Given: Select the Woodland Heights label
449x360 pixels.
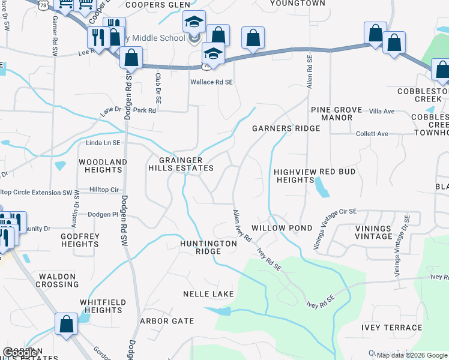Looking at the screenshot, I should coord(103,166).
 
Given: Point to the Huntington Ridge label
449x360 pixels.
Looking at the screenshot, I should coord(209,247).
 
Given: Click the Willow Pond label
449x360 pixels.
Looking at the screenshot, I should coord(282,228).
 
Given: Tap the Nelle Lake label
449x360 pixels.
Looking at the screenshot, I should coord(209,294).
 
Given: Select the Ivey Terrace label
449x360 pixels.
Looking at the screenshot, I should coord(392,327).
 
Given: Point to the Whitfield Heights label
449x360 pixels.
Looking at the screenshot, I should coord(103,306).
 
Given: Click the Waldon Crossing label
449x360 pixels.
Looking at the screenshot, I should coord(58,280).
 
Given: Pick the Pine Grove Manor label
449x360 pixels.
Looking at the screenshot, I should coord(337,114).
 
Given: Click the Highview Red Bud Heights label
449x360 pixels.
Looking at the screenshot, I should coord(315,176).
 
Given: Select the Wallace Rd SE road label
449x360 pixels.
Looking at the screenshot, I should coord(211,82).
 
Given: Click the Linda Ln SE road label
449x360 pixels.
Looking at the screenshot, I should coord(86,142).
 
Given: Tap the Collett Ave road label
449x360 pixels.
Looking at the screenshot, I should coord(372,134).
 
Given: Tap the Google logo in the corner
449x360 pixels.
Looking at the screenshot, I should coord(20,353).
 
